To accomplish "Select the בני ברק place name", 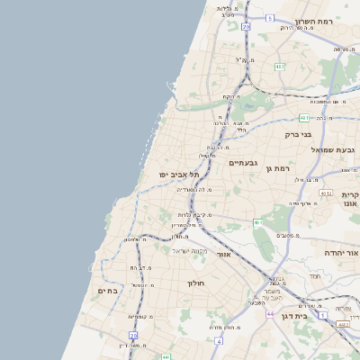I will pyautogui.click(x=298, y=135).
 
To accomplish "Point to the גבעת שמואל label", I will pyautogui.click(x=336, y=149).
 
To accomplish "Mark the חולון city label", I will pyautogui.click(x=197, y=283).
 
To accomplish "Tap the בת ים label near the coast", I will pyautogui.click(x=107, y=291).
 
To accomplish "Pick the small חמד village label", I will pyautogui.click(x=314, y=275).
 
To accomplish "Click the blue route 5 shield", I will pyautogui.click(x=269, y=18).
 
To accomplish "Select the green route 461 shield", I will pyautogui.click(x=257, y=221).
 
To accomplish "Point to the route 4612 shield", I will pyautogui.click(x=326, y=193).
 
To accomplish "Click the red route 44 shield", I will pyautogui.click(x=270, y=314).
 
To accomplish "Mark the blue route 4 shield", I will pyautogui.click(x=218, y=342).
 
